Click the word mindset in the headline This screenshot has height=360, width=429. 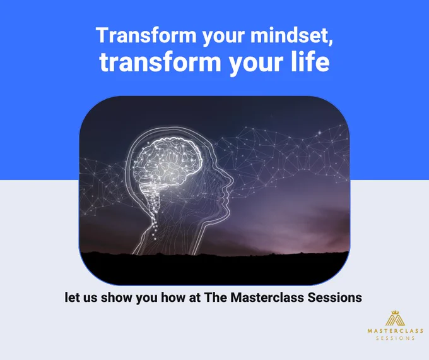pyautogui.click(x=291, y=35)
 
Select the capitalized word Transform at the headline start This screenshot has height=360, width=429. pyautogui.click(x=146, y=35)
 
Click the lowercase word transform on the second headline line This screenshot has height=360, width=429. pyautogui.click(x=160, y=62)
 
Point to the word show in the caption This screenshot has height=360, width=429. pyautogui.click(x=117, y=297)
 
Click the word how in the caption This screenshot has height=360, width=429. pyautogui.click(x=173, y=297)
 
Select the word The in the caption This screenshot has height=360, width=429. pyautogui.click(x=216, y=297)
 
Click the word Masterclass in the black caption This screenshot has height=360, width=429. pyautogui.click(x=267, y=297)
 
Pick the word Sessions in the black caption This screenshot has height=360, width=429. pyautogui.click(x=334, y=297)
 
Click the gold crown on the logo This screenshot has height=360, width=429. pyautogui.click(x=395, y=313)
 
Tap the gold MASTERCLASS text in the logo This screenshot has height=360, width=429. pyautogui.click(x=396, y=331)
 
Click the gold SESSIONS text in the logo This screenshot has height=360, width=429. pyautogui.click(x=396, y=338)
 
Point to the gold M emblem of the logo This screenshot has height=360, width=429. pyautogui.click(x=395, y=321)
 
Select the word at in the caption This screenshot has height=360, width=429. pyautogui.click(x=194, y=298)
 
